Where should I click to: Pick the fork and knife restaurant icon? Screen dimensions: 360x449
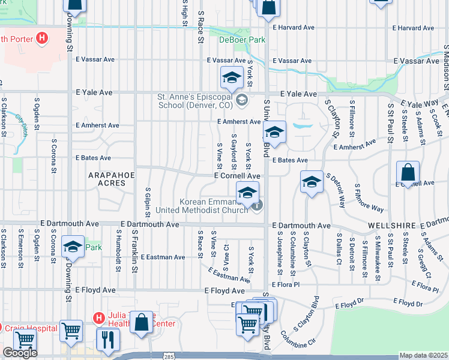pyautogui.click(x=108, y=338)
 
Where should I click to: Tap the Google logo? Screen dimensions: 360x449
pyautogui.click(x=20, y=352)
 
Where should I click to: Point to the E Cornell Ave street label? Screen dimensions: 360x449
pyautogui.click(x=238, y=176)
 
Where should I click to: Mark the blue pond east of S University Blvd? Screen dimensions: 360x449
pyautogui.click(x=299, y=126)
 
